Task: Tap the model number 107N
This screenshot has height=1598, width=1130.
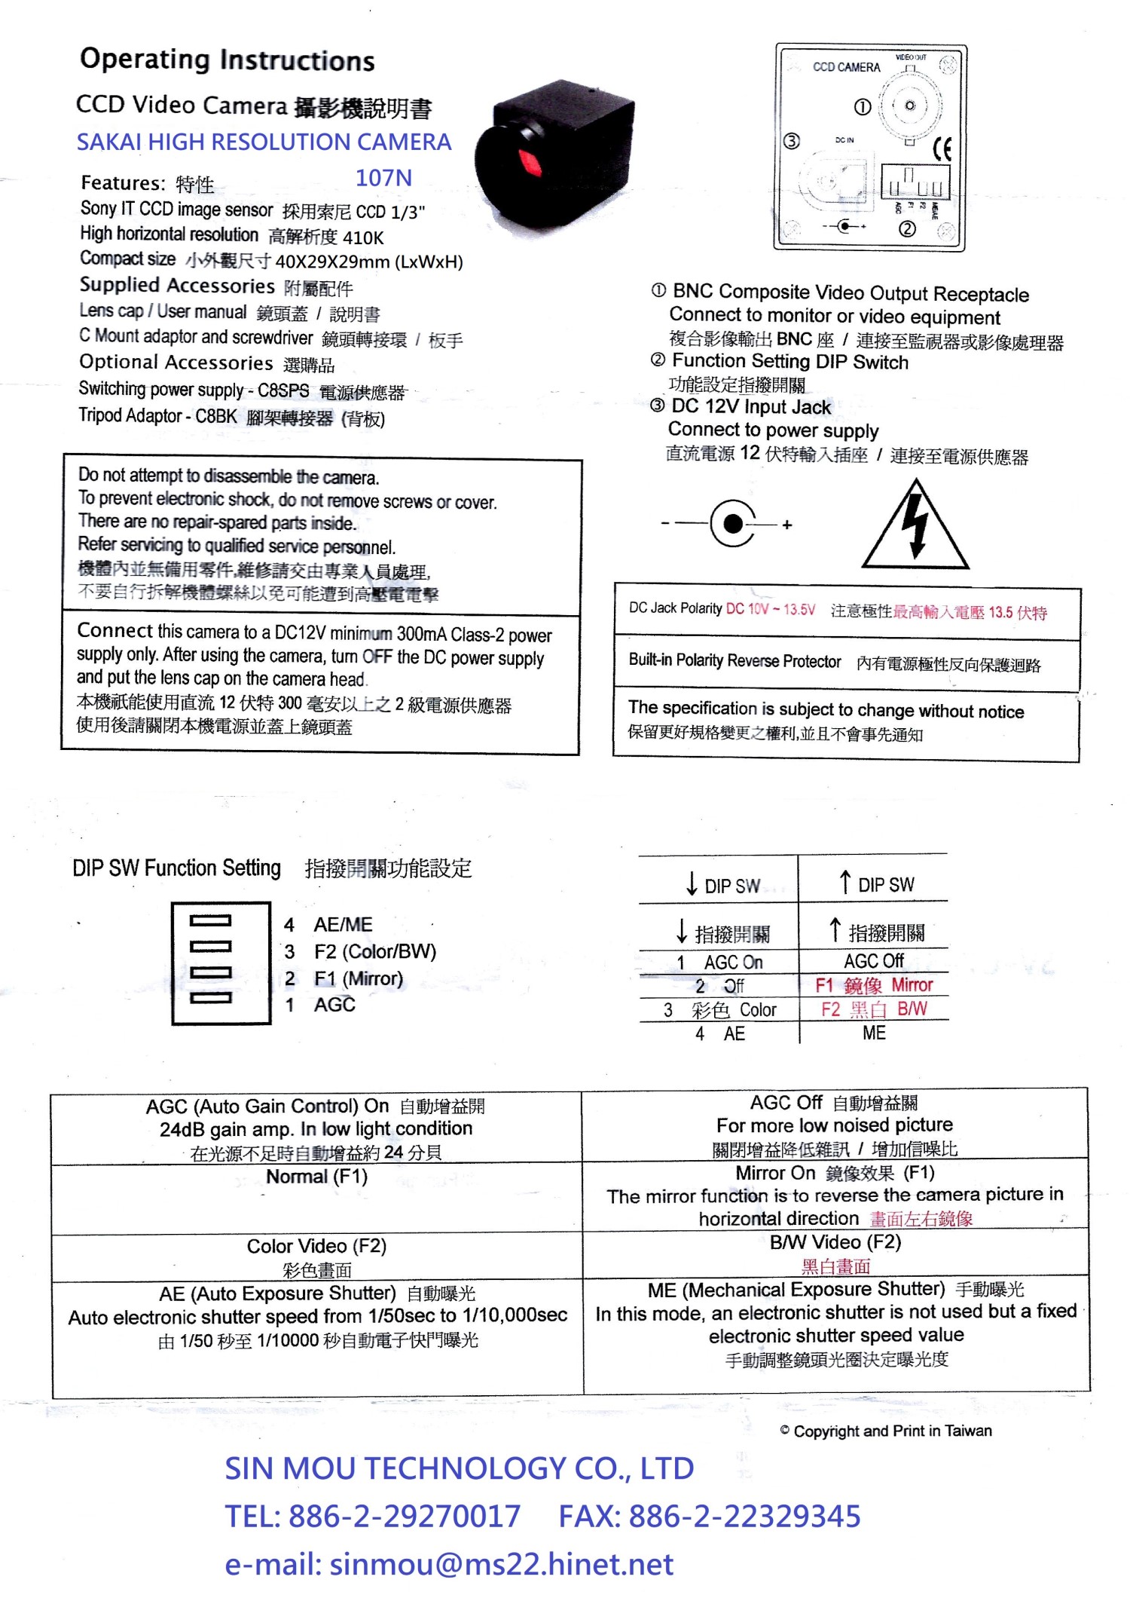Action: click(x=383, y=178)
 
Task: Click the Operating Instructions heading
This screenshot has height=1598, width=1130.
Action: click(x=227, y=60)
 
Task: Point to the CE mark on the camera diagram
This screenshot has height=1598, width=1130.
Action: click(x=942, y=148)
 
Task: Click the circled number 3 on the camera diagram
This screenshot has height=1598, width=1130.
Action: click(x=791, y=141)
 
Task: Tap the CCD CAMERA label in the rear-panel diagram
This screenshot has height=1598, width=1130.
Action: click(x=846, y=67)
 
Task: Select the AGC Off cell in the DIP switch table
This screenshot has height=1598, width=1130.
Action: click(x=873, y=961)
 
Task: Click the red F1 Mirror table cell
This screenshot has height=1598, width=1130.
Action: click(x=874, y=985)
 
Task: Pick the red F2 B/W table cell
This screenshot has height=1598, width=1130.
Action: click(x=874, y=1009)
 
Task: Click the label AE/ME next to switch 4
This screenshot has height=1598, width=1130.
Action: click(x=343, y=925)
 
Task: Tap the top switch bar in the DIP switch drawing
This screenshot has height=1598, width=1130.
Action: click(x=211, y=920)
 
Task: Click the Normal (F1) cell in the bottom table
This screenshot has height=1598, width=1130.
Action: click(x=317, y=1177)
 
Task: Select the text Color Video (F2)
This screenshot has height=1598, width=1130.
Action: click(x=317, y=1246)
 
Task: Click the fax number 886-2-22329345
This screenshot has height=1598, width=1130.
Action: click(x=744, y=1516)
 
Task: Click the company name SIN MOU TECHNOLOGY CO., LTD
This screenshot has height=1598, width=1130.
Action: click(x=460, y=1468)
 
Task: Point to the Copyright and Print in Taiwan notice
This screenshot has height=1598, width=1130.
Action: click(x=886, y=1431)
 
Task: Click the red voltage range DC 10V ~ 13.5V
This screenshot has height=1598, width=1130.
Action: click(x=770, y=609)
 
